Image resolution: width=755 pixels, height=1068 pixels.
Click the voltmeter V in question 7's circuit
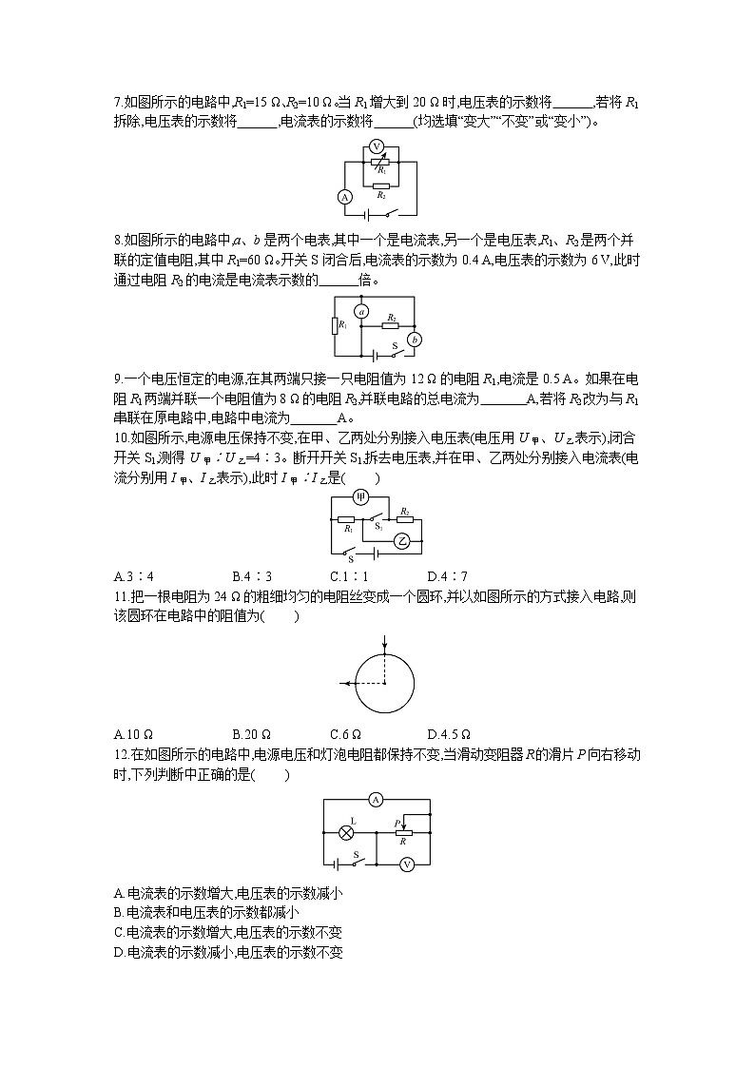376,146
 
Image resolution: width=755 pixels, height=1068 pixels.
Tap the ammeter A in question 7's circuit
345,197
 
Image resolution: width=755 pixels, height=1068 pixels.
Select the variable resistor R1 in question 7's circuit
379,163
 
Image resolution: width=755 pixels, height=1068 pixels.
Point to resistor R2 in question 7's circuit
380,184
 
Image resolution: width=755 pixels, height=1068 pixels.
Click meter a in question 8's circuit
360,311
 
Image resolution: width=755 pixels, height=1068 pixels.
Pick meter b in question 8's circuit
415,339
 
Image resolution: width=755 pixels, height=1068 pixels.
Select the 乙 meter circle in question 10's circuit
402,540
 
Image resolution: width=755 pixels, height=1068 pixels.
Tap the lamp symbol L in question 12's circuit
347,832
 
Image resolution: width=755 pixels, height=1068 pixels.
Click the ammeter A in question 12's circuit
376,800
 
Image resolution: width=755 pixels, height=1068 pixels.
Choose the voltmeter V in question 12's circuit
407,864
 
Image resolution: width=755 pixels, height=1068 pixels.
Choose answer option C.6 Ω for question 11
348,734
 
